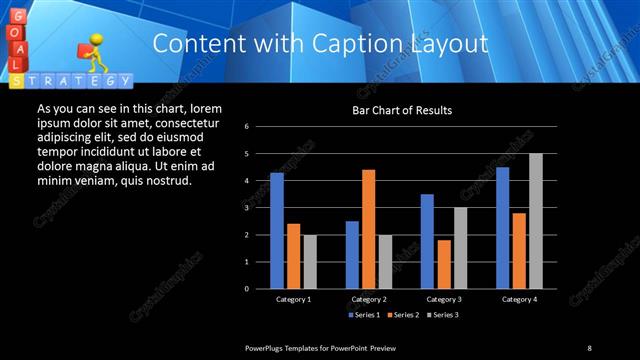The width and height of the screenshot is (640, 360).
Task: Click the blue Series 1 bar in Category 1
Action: pos(277,230)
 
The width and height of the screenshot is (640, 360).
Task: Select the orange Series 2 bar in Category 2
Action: pos(368,228)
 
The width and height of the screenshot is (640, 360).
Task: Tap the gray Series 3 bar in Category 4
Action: pos(535,221)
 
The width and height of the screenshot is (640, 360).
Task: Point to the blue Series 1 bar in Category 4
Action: pos(502,227)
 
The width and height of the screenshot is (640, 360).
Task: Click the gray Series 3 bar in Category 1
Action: pos(309,261)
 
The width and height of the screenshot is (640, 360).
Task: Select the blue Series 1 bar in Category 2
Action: pos(352,254)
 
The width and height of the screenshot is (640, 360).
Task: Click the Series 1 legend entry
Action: pos(363,315)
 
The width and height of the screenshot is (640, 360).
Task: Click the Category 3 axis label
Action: pos(443,299)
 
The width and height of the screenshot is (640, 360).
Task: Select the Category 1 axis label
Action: pos(293,299)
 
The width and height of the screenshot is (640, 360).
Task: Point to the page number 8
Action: pos(589,347)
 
